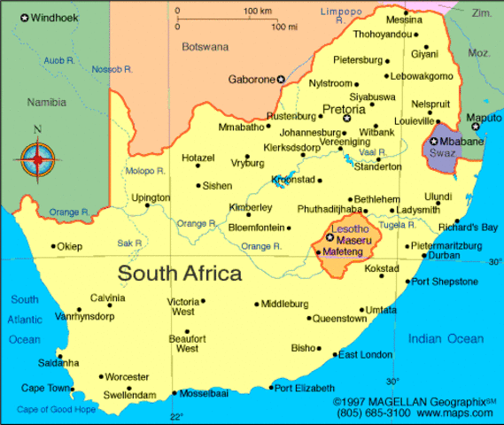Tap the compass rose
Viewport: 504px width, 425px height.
coord(37,160)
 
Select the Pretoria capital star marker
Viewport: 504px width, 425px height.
coord(347,119)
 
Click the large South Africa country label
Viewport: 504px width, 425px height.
coord(180,273)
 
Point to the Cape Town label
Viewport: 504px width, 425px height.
coord(45,388)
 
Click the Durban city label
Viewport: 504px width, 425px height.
coord(444,255)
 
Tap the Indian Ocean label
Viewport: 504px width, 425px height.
coord(446,338)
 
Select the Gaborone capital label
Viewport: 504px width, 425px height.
coord(252,80)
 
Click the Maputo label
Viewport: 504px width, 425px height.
coord(484,117)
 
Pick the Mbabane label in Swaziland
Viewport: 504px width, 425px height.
coord(461,141)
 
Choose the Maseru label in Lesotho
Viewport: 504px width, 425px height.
coord(353,238)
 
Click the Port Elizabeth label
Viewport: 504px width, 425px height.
coord(305,388)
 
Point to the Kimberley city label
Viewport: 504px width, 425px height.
coord(251,207)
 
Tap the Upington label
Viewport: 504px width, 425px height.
coord(151,197)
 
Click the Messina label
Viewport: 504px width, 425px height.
coord(405,19)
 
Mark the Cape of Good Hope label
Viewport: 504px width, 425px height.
coord(56,408)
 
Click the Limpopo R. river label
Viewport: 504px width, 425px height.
coord(341,12)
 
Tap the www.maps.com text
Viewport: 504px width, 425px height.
coord(458,413)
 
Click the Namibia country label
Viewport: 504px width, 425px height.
coord(46,102)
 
